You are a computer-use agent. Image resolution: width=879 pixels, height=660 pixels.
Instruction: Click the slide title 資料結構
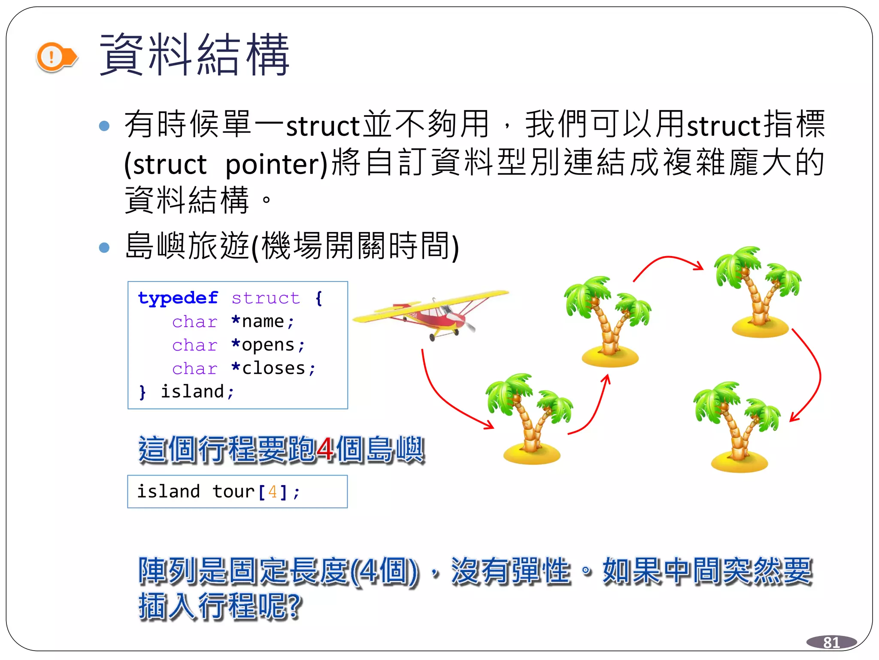pyautogui.click(x=194, y=55)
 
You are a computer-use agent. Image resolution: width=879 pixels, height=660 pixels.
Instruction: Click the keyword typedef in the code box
pyautogui.click(x=178, y=298)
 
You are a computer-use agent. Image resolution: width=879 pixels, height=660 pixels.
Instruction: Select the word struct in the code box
pyautogui.click(x=266, y=298)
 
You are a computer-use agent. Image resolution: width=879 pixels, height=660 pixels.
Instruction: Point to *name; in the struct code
pyautogui.click(x=262, y=321)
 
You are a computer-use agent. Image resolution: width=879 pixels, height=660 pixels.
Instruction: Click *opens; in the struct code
pyautogui.click(x=268, y=345)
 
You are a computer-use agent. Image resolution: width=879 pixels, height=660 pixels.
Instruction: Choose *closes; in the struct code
pyautogui.click(x=273, y=368)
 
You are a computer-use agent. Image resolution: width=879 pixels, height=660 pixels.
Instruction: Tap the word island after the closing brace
pyautogui.click(x=192, y=392)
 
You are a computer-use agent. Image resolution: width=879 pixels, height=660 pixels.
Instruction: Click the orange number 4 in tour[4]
pyautogui.click(x=272, y=492)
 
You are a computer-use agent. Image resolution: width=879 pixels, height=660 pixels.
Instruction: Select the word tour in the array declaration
pyautogui.click(x=233, y=492)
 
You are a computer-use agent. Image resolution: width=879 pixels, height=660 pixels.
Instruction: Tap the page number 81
pyautogui.click(x=831, y=642)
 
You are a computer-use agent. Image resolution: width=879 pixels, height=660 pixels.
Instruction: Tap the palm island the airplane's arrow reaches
pyautogui.click(x=530, y=419)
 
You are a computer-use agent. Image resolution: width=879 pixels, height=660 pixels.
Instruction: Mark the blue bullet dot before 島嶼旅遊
pyautogui.click(x=104, y=247)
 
